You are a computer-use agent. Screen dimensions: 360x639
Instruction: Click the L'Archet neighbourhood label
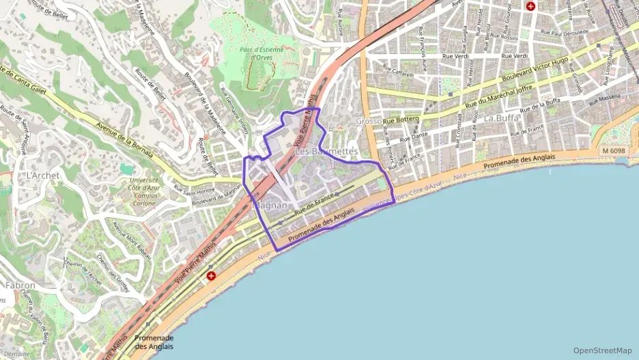[x=42, y=176]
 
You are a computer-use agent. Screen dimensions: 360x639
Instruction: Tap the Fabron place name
[x=20, y=285]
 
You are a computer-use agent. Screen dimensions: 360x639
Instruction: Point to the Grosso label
[x=369, y=121]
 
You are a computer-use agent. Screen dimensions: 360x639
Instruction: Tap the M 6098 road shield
[x=614, y=150]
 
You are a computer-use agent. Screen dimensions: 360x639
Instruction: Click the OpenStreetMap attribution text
[x=603, y=350]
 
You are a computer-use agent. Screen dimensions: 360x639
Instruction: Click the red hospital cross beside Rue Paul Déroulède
[x=530, y=5]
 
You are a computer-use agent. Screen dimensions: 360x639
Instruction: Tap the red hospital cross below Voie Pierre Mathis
[x=212, y=277]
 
